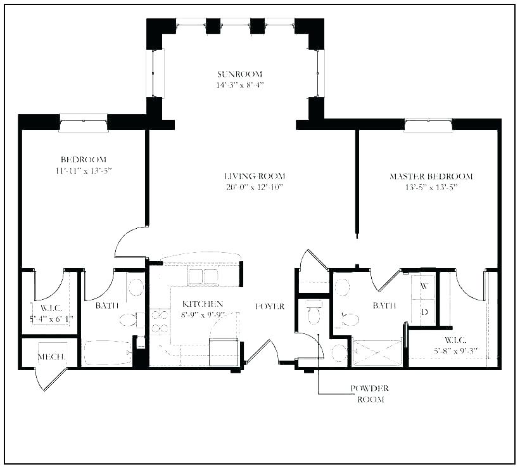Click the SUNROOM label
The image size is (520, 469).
pyautogui.click(x=239, y=74)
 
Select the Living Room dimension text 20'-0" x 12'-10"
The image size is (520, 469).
pyautogui.click(x=254, y=187)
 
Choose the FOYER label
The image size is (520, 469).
pyautogui.click(x=269, y=306)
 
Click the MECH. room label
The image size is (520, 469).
pyautogui.click(x=52, y=357)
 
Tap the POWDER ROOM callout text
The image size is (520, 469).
pyautogui.click(x=369, y=394)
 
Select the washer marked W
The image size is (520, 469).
pyautogui.click(x=424, y=286)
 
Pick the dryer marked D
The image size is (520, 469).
pyautogui.click(x=424, y=312)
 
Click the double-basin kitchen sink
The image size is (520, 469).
pyautogui.click(x=203, y=276)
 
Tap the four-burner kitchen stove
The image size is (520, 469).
pyautogui.click(x=160, y=321)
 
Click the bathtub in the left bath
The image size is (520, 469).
pyautogui.click(x=108, y=352)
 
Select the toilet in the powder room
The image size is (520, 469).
pyautogui.click(x=312, y=312)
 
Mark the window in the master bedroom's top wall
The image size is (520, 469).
pyautogui.click(x=428, y=125)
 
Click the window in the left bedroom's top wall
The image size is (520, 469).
pyautogui.click(x=84, y=122)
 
